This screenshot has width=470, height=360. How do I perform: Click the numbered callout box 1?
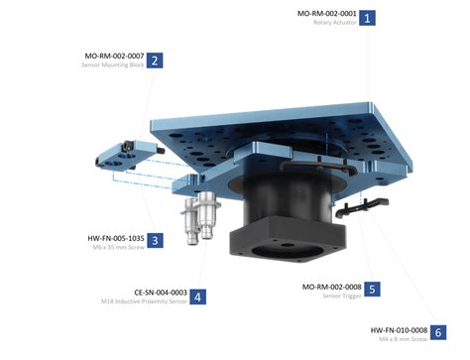click(368, 17)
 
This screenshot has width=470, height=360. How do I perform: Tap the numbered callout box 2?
click(155, 60)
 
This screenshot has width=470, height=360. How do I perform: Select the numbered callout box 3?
click(156, 239)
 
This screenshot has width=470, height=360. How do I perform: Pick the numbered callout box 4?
click(199, 296)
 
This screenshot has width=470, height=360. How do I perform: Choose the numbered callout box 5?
click(372, 290)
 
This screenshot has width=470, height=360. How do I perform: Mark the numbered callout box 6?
click(438, 333)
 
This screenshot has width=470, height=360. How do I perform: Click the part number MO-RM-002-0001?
click(327, 13)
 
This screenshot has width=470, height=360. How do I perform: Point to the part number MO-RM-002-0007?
click(114, 56)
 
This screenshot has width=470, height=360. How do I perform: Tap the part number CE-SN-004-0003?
click(160, 292)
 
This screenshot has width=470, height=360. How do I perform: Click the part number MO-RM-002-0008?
click(331, 286)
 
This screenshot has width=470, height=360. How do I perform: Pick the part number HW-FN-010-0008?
click(399, 329)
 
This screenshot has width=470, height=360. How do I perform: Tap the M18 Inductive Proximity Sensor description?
click(151, 301)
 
